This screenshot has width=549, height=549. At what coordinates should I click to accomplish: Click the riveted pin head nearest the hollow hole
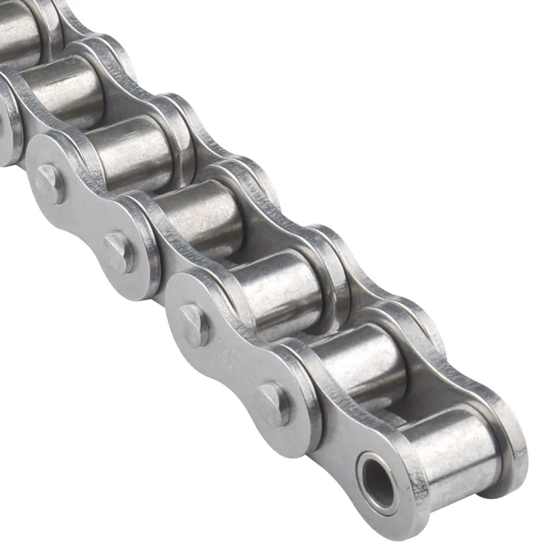point(273,404)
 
